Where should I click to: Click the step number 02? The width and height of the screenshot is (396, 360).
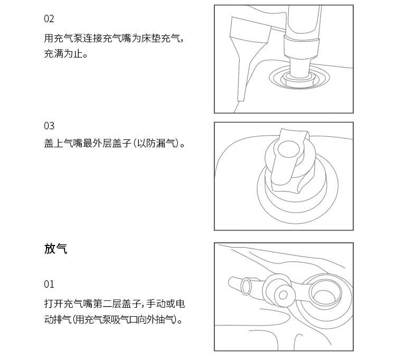(x=49, y=19)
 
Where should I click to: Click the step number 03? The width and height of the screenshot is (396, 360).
(x=49, y=126)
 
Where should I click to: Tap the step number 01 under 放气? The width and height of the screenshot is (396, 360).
(x=49, y=285)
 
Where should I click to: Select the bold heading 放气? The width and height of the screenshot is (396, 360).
(x=56, y=249)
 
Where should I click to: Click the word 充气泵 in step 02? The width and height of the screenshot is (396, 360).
(x=69, y=39)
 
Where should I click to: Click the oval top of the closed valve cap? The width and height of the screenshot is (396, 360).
(x=289, y=149)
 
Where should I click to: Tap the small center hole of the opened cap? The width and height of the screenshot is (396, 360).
(x=283, y=295)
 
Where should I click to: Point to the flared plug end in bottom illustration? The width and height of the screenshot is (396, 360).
(x=247, y=286)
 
